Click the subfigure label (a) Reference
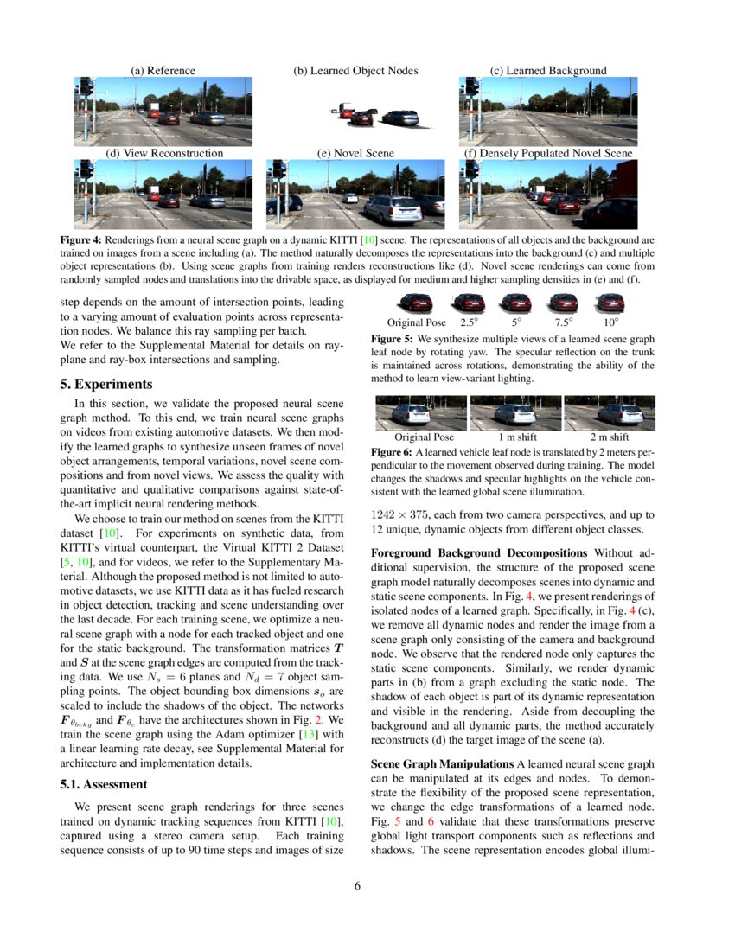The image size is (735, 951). pyautogui.click(x=163, y=71)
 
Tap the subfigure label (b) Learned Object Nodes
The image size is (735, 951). pyautogui.click(x=355, y=71)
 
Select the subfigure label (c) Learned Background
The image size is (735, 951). pyautogui.click(x=548, y=71)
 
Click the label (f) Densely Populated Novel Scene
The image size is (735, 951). pyautogui.click(x=548, y=153)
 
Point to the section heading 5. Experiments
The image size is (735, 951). pyautogui.click(x=112, y=384)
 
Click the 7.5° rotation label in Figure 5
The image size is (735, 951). pyautogui.click(x=563, y=322)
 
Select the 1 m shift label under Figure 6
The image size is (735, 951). pyautogui.click(x=515, y=437)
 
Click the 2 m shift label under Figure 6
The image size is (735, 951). pyautogui.click(x=610, y=437)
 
